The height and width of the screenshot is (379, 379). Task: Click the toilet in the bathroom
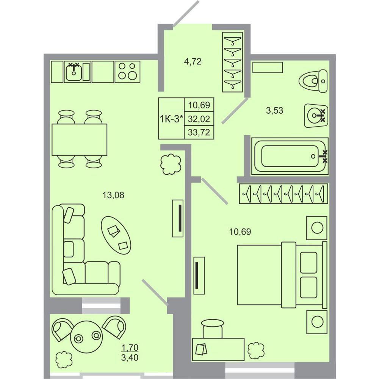tap(313, 81)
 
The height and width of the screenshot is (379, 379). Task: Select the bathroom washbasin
tap(316, 116)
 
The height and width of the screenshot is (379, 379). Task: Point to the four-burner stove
tap(127, 72)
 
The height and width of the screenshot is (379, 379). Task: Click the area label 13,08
tap(113, 195)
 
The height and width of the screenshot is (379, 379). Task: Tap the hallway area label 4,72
tap(193, 62)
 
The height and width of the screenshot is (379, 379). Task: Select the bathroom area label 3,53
tap(274, 110)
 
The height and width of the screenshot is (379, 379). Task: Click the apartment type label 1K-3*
tap(171, 119)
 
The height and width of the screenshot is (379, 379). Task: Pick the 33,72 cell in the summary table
tap(199, 132)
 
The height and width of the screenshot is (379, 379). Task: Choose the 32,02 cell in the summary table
tap(199, 119)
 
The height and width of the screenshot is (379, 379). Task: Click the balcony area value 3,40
tap(130, 357)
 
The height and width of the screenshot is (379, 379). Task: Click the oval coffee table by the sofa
tap(116, 235)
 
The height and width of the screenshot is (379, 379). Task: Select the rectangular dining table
tap(80, 139)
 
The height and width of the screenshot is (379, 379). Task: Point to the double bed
tap(282, 275)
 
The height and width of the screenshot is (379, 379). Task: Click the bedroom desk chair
tap(213, 329)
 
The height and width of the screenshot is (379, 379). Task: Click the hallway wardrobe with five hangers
tap(233, 62)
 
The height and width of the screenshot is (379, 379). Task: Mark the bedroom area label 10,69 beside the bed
tap(240, 232)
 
